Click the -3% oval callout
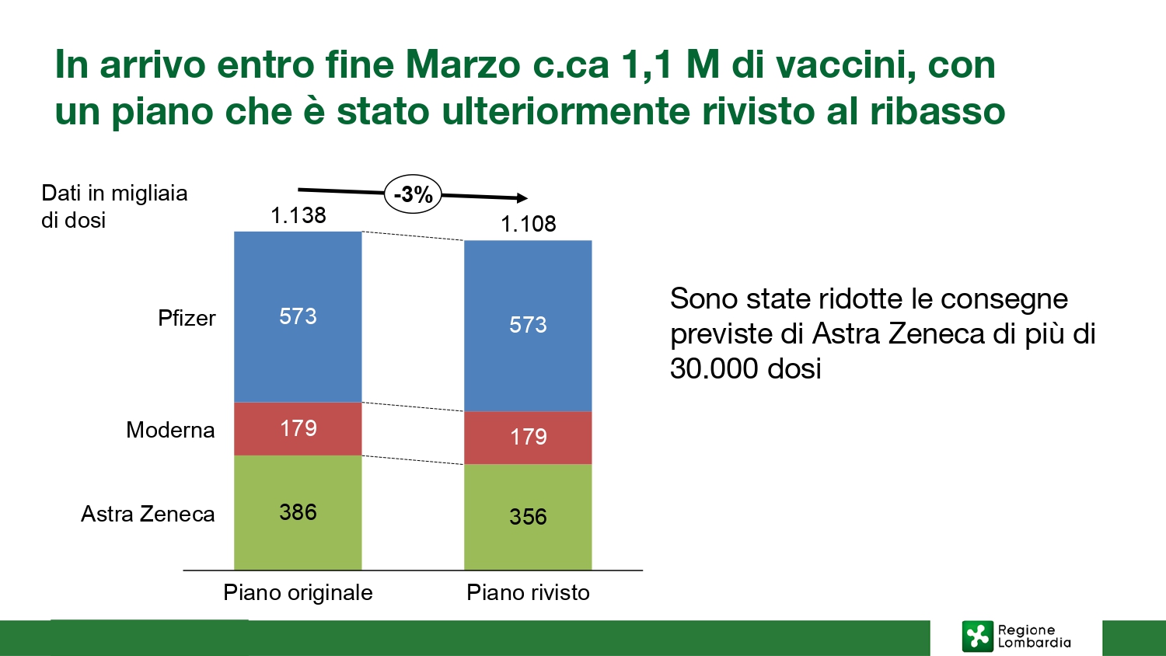(x=413, y=194)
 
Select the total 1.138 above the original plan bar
(x=298, y=215)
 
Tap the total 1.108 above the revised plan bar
(x=529, y=224)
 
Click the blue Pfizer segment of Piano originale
(x=298, y=316)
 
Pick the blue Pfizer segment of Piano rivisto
(x=528, y=326)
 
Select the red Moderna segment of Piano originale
(x=298, y=429)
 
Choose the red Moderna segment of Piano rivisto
(x=528, y=438)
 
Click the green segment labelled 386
(x=298, y=513)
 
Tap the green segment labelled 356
(x=528, y=517)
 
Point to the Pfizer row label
(x=187, y=318)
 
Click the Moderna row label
(x=170, y=430)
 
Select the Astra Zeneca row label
(x=148, y=514)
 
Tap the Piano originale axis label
(x=298, y=592)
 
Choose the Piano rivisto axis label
(x=528, y=592)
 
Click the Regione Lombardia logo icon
(x=977, y=637)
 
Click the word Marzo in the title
(x=463, y=65)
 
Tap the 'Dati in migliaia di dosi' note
(x=114, y=206)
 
